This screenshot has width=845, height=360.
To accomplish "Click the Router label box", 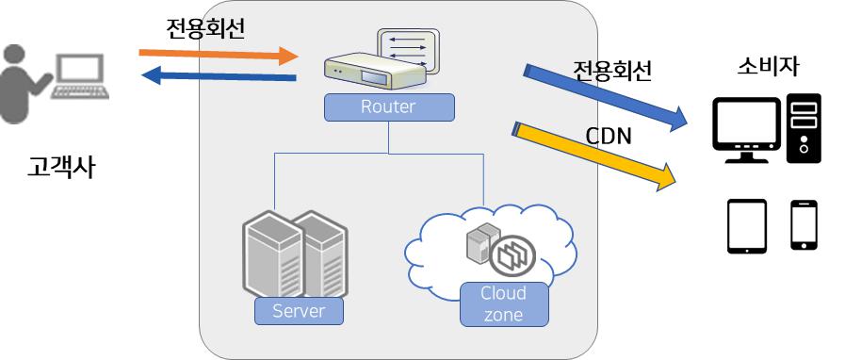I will (x=387, y=107).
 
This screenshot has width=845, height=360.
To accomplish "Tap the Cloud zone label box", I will (x=503, y=304).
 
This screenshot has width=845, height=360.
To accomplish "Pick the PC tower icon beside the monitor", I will (x=804, y=124).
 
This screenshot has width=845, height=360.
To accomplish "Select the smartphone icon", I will (x=803, y=224).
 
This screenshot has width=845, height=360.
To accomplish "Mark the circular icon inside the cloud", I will (x=514, y=252).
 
